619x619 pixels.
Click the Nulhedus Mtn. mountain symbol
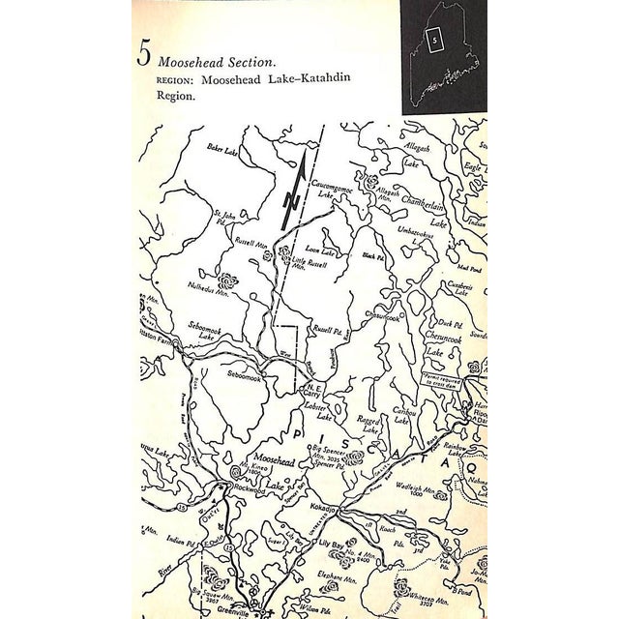[229, 281]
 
